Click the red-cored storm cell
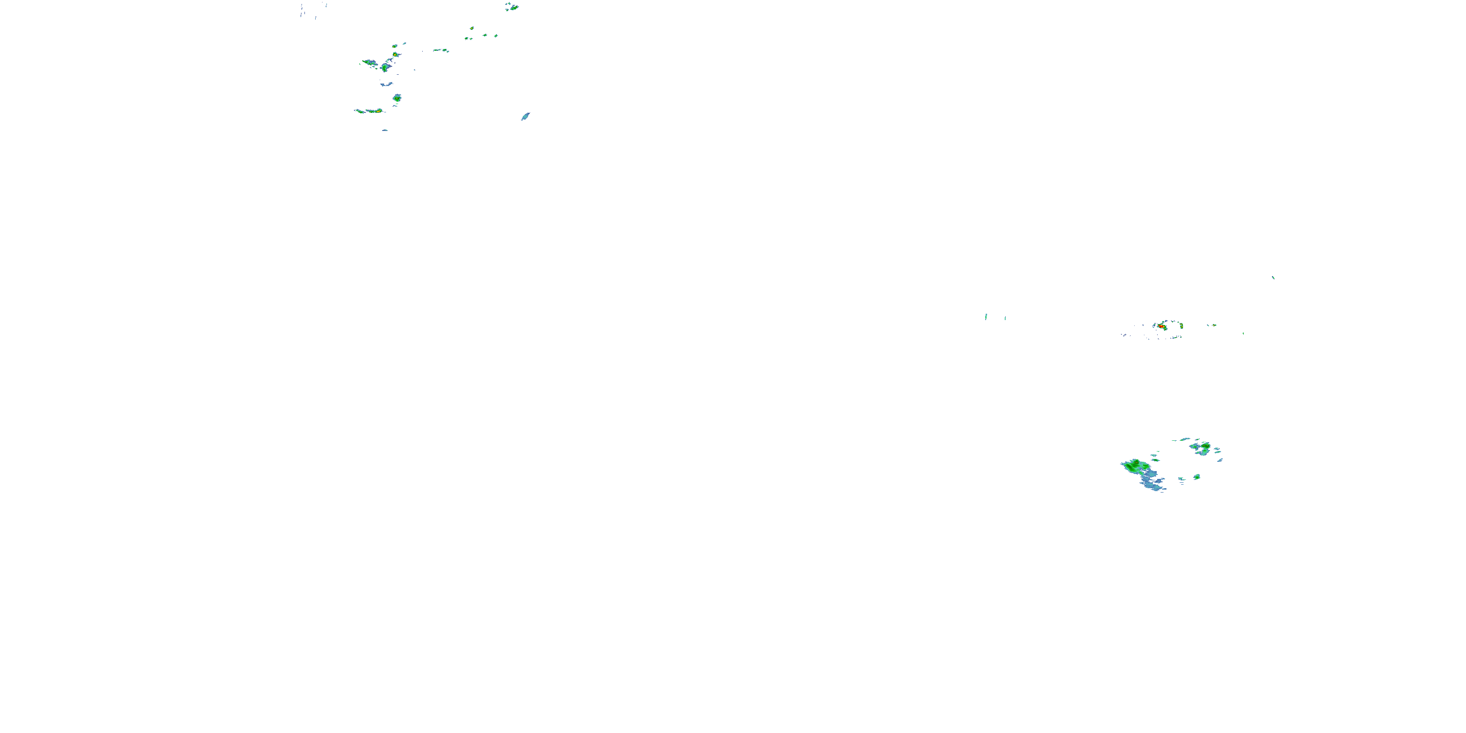[x=1161, y=326]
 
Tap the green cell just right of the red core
[x=1181, y=326]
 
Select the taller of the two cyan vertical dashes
[x=986, y=317]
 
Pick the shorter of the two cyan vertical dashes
[x=1005, y=318]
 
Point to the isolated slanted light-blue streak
[x=525, y=117]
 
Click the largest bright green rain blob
[x=1135, y=466]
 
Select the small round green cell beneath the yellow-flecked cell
[x=1197, y=477]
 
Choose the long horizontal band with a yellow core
[x=370, y=111]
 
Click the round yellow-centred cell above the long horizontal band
[x=397, y=98]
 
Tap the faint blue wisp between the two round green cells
[x=387, y=84]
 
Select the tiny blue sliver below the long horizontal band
[x=385, y=130]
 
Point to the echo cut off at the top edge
[x=512, y=7]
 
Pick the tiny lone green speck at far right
[x=1273, y=278]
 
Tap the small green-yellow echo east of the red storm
[x=1212, y=325]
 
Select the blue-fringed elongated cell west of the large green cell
[x=370, y=62]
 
